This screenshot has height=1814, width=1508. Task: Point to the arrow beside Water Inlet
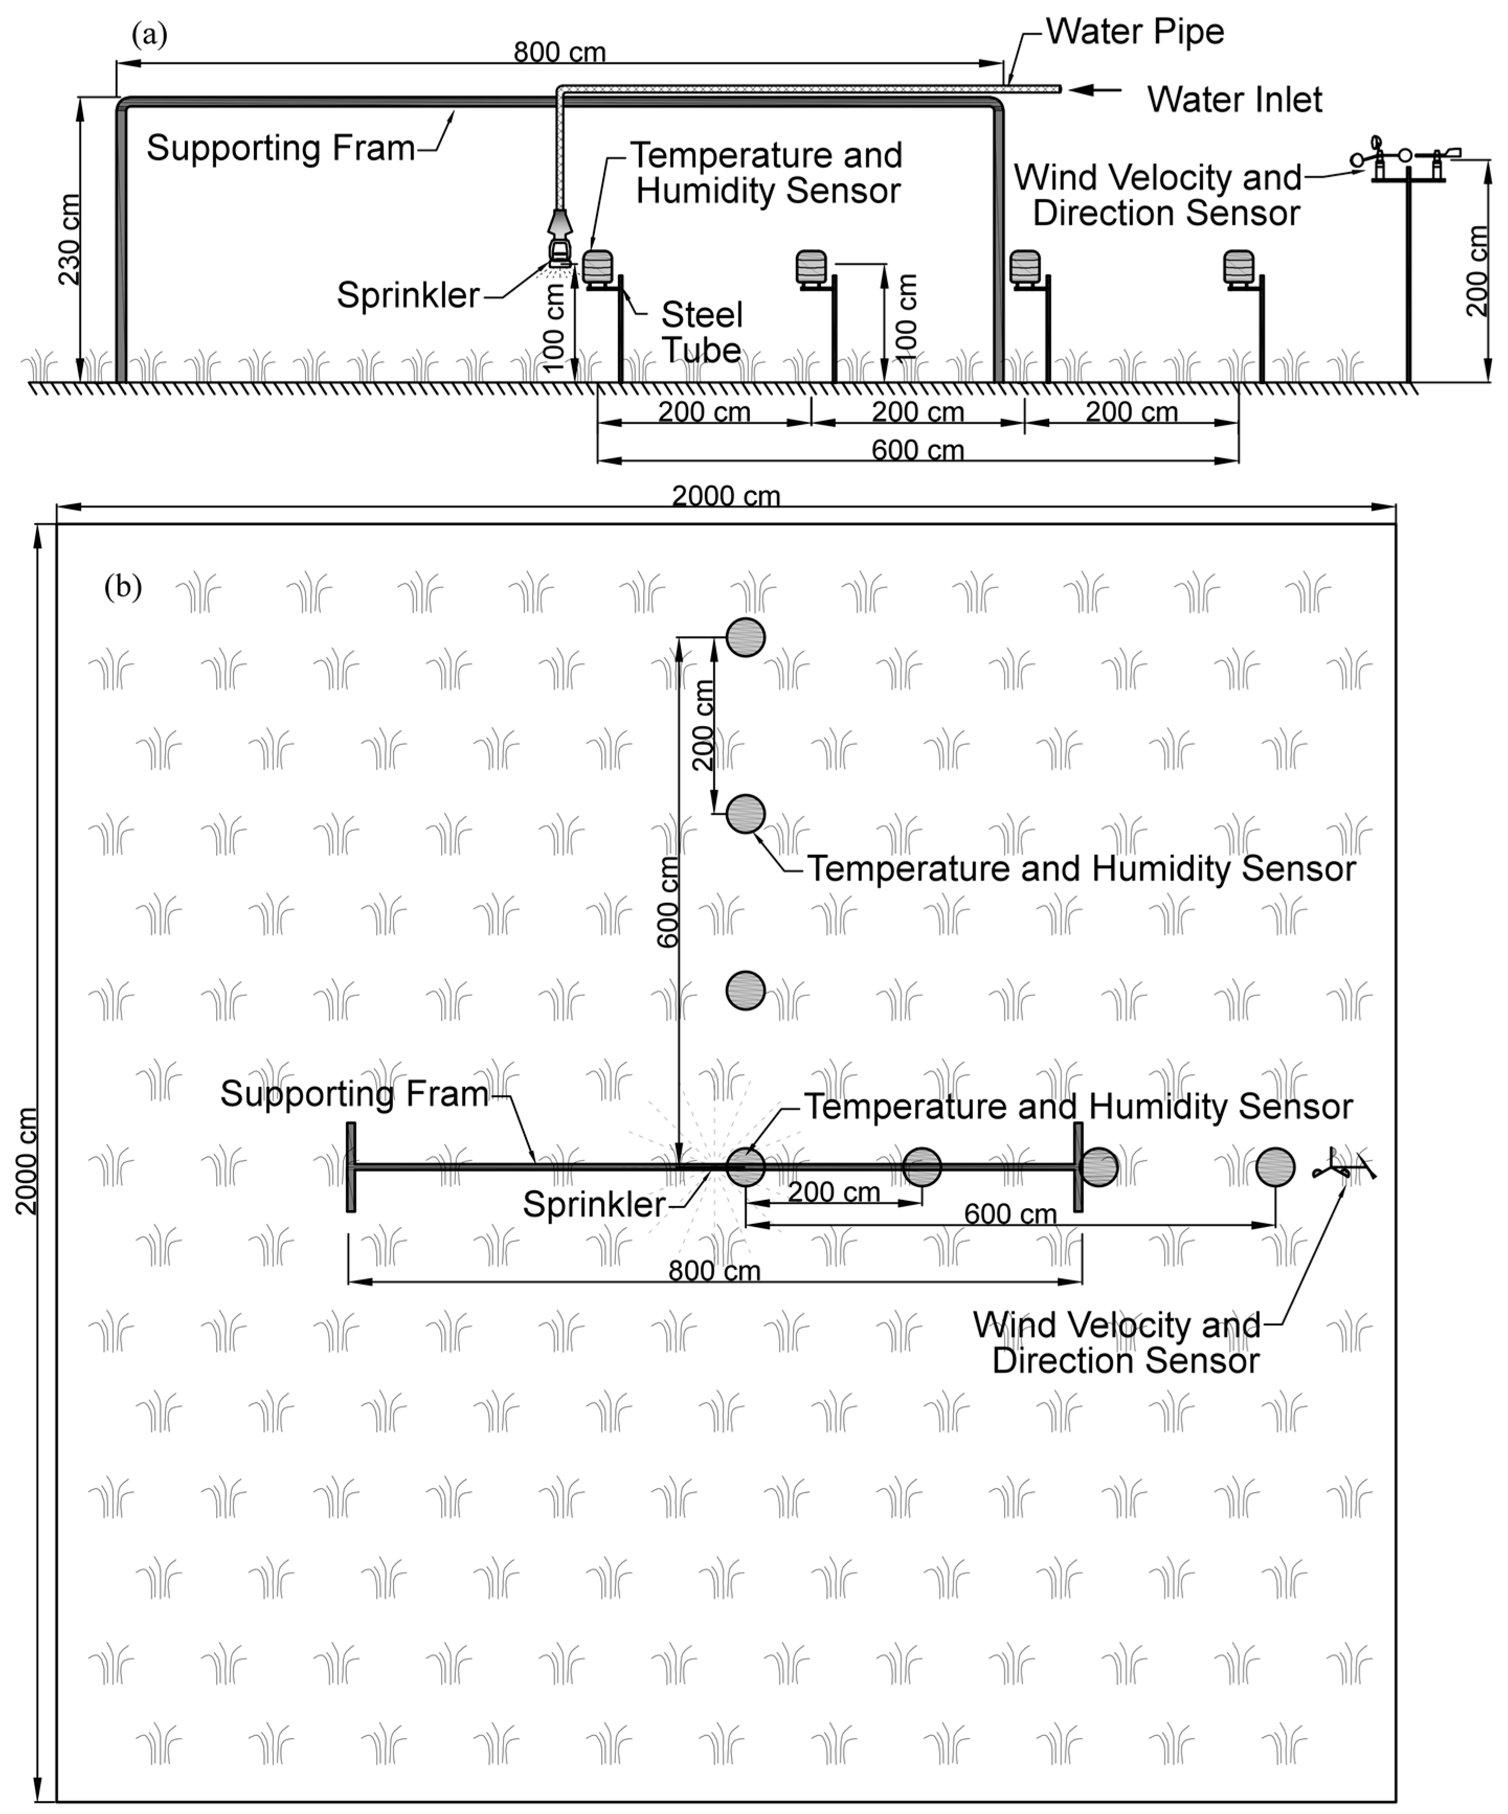pos(1095,89)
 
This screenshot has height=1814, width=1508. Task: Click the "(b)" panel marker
pos(122,588)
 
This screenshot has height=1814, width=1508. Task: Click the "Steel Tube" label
pos(701,333)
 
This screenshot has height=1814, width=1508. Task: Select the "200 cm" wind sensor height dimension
pos(1478,271)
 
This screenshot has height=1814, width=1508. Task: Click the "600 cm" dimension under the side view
pos(917,450)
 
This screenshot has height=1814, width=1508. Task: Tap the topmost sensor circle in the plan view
pos(745,637)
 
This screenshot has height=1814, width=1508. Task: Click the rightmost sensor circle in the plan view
pos(1275,1167)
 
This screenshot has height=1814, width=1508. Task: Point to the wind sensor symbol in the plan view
pos(1343,1166)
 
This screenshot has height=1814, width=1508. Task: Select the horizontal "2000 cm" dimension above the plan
pos(726,496)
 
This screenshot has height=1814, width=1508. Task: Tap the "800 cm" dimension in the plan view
pos(714,1271)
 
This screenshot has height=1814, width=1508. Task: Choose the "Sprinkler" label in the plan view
pos(594,1204)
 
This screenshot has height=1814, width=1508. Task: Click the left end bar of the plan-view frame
pos(351,1167)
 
